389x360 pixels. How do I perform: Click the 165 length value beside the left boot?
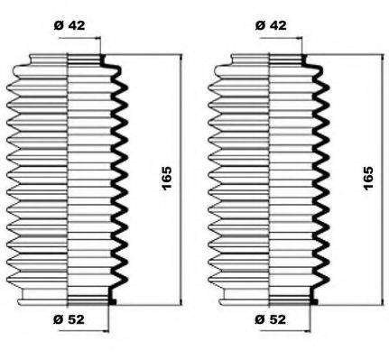(168, 178)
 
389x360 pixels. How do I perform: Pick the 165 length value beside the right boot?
(367, 178)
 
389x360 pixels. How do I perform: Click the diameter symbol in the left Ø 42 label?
(57, 24)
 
